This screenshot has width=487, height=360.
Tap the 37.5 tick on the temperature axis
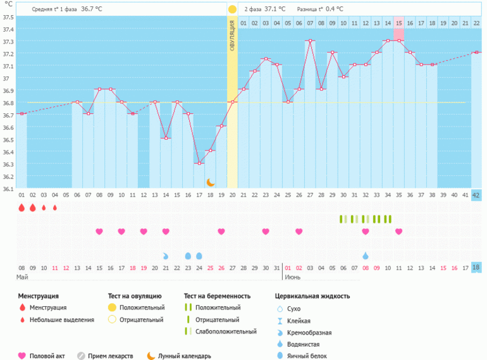point(8,17)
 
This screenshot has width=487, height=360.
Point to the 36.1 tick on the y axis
point(8,189)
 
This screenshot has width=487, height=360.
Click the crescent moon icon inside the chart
point(211,182)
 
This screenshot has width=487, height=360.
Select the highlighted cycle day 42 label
point(477,195)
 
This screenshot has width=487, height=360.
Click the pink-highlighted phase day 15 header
point(398,23)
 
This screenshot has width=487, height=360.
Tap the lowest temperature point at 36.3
point(199,163)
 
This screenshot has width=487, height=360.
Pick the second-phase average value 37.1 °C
point(274,9)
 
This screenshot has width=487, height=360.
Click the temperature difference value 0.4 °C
point(335,9)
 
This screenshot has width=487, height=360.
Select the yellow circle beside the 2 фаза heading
point(232,9)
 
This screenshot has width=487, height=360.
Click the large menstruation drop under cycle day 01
point(22,208)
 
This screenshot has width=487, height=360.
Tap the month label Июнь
point(292,277)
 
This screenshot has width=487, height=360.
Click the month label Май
point(22,277)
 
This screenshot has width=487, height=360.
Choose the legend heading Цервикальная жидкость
point(312,295)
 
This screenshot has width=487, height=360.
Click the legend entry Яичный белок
point(304,356)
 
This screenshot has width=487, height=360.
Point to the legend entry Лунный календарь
point(185,356)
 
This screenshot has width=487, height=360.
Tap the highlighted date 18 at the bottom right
point(477,268)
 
